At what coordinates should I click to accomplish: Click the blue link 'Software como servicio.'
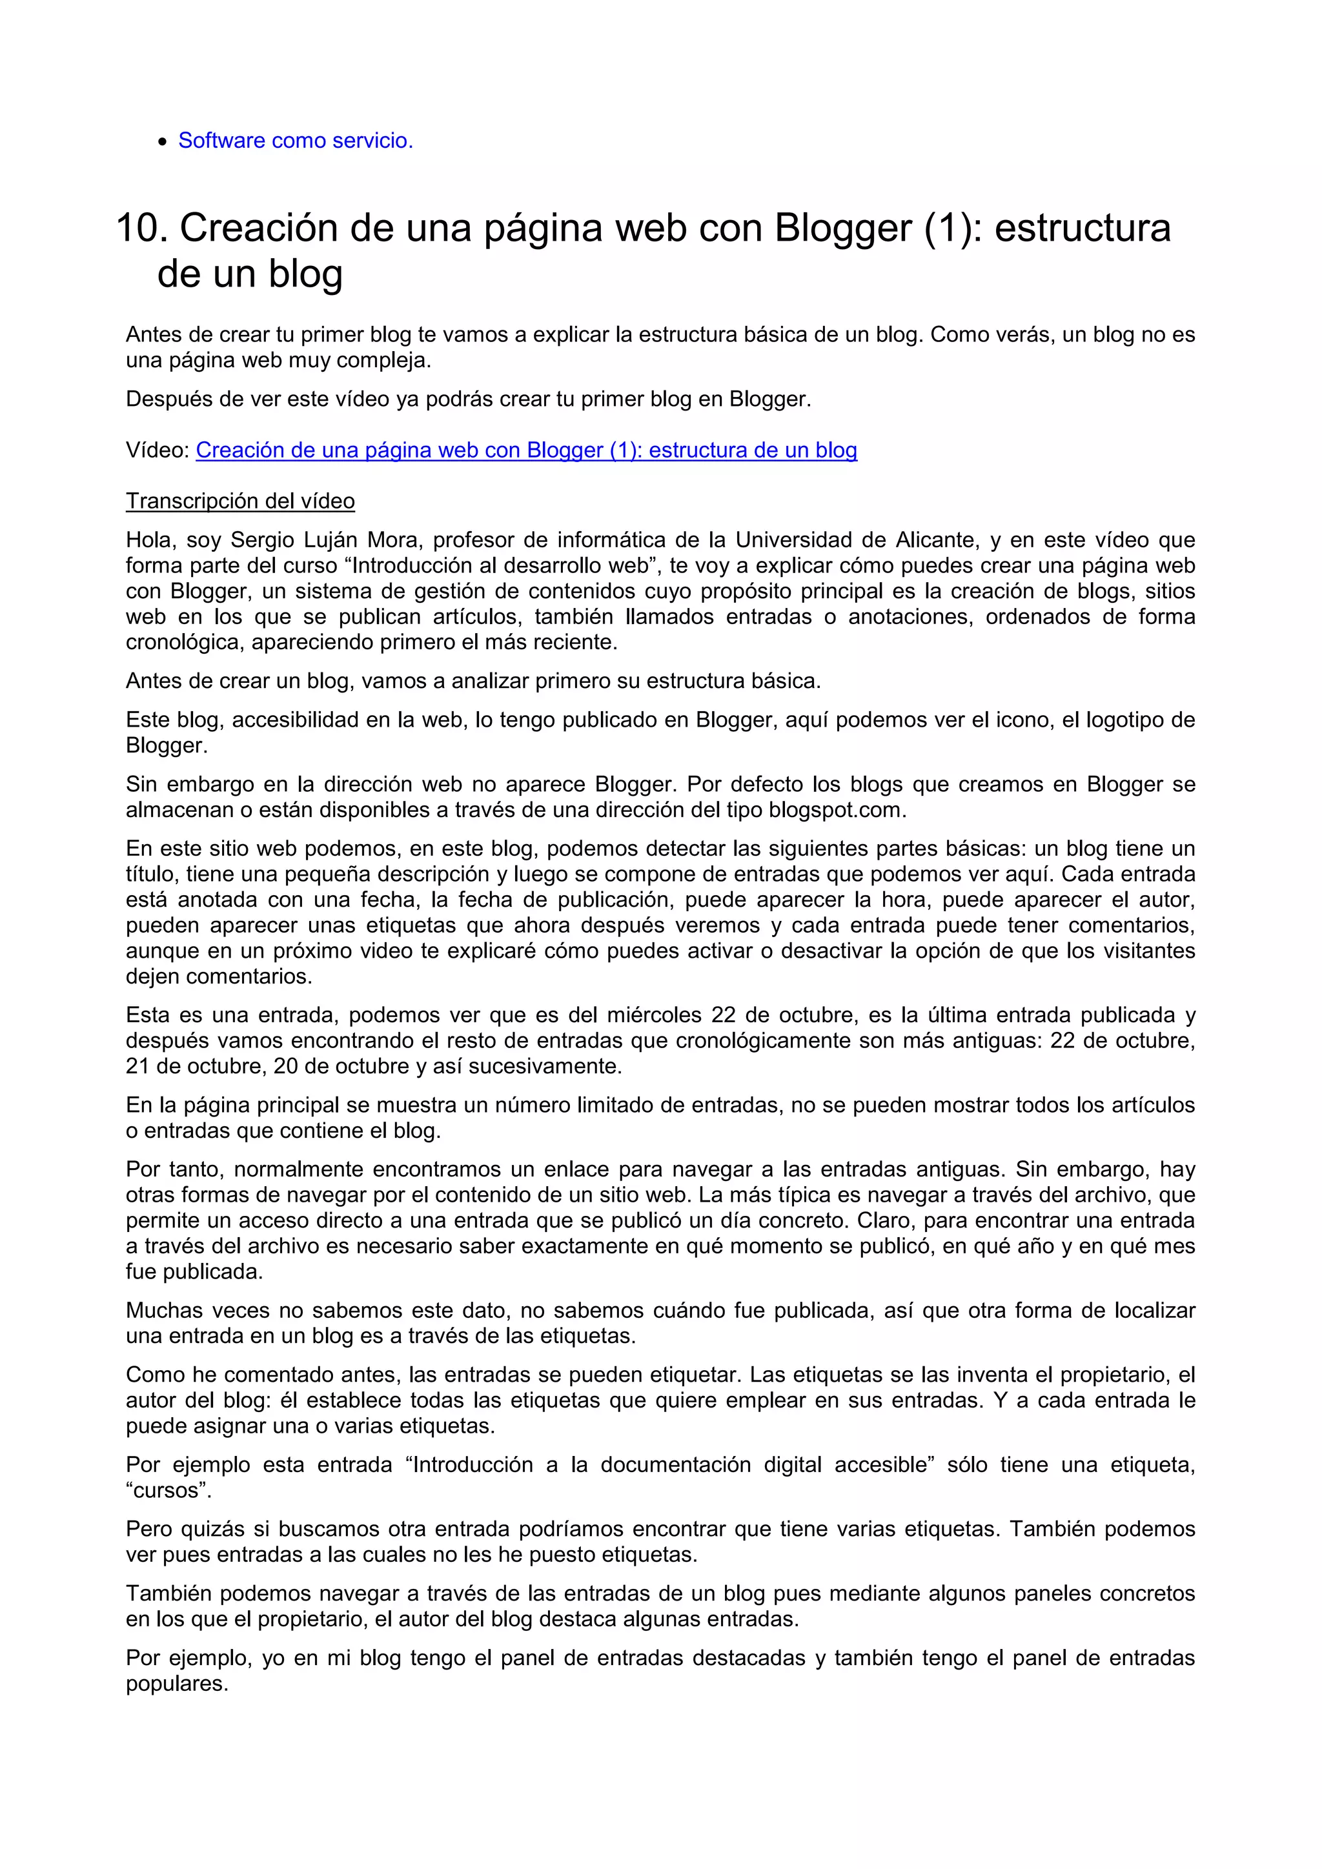[x=296, y=141]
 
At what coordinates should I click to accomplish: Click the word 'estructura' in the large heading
[x=1082, y=228]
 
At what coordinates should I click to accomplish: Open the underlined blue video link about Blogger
[x=526, y=450]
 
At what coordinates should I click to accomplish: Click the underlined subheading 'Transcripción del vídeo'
[x=240, y=501]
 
